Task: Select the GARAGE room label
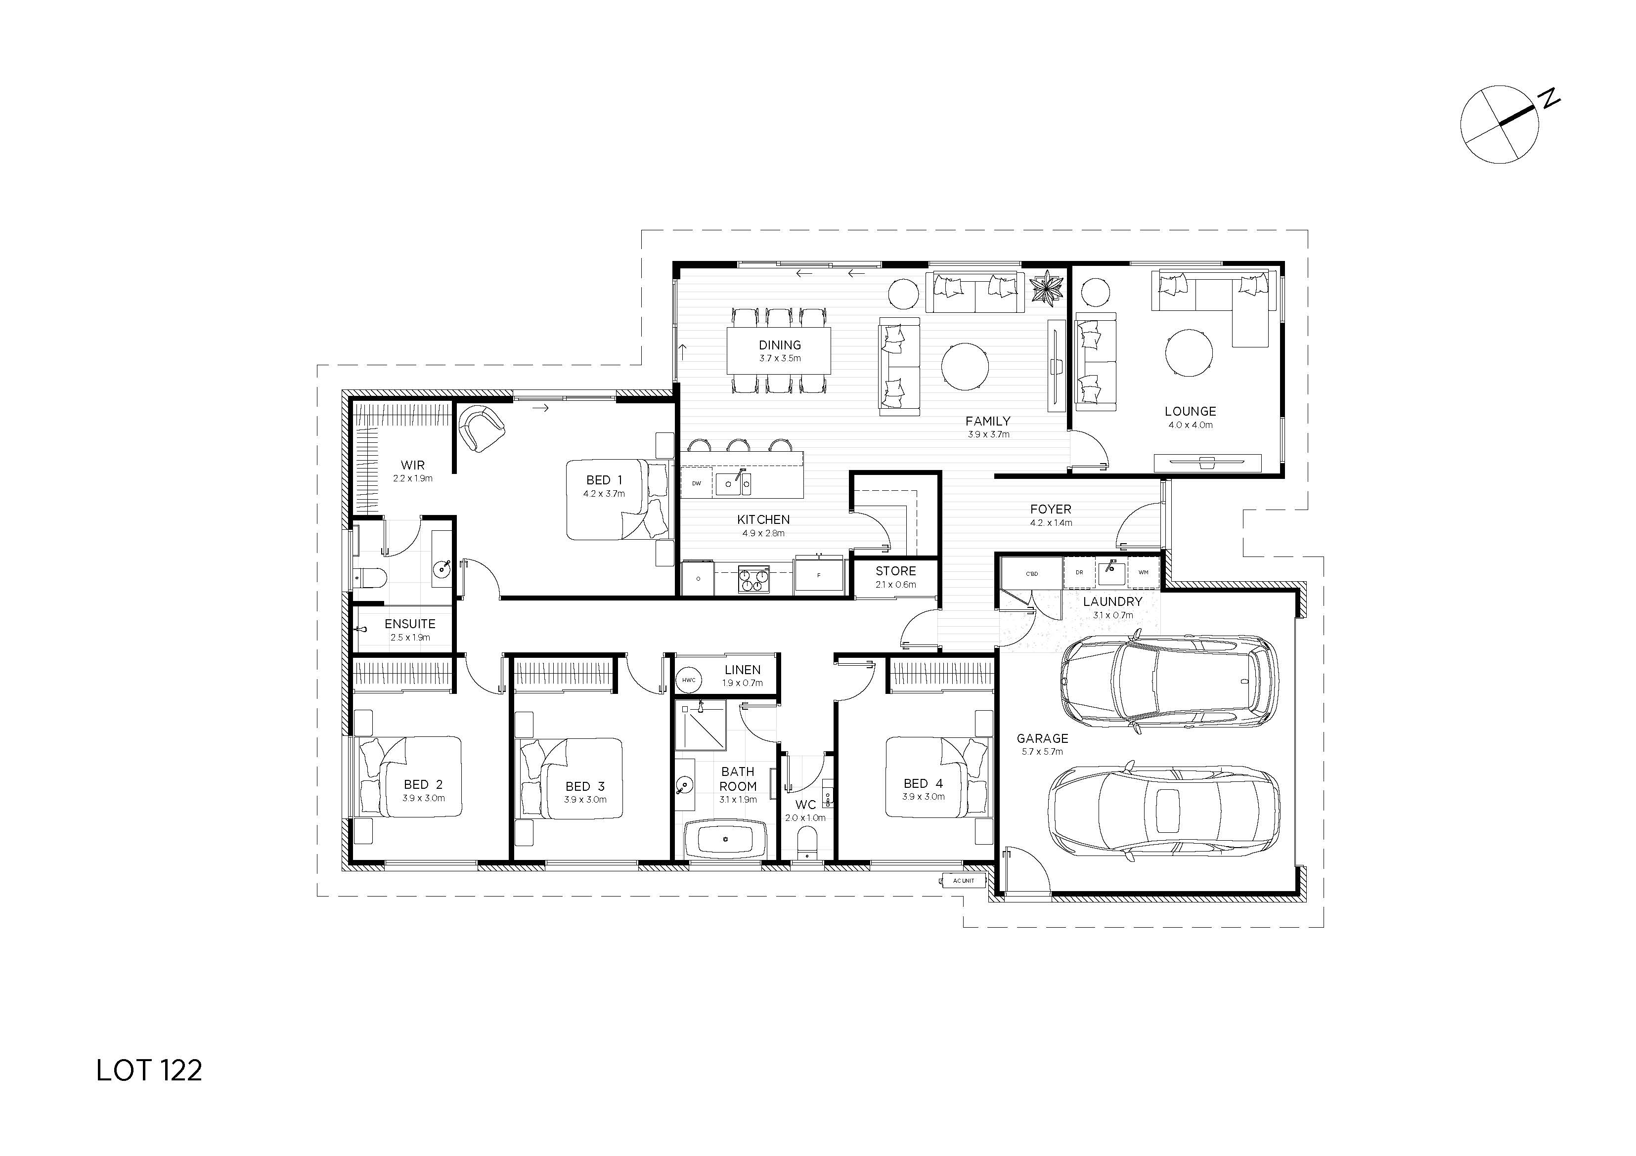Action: tap(1042, 738)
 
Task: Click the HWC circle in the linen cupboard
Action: tap(688, 680)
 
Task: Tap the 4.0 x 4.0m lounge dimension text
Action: tap(1190, 425)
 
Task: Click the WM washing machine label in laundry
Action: tap(1144, 573)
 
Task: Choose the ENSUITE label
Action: tap(410, 624)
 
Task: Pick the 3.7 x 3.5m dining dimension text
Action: tap(780, 358)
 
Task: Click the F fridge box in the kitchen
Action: tap(819, 575)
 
